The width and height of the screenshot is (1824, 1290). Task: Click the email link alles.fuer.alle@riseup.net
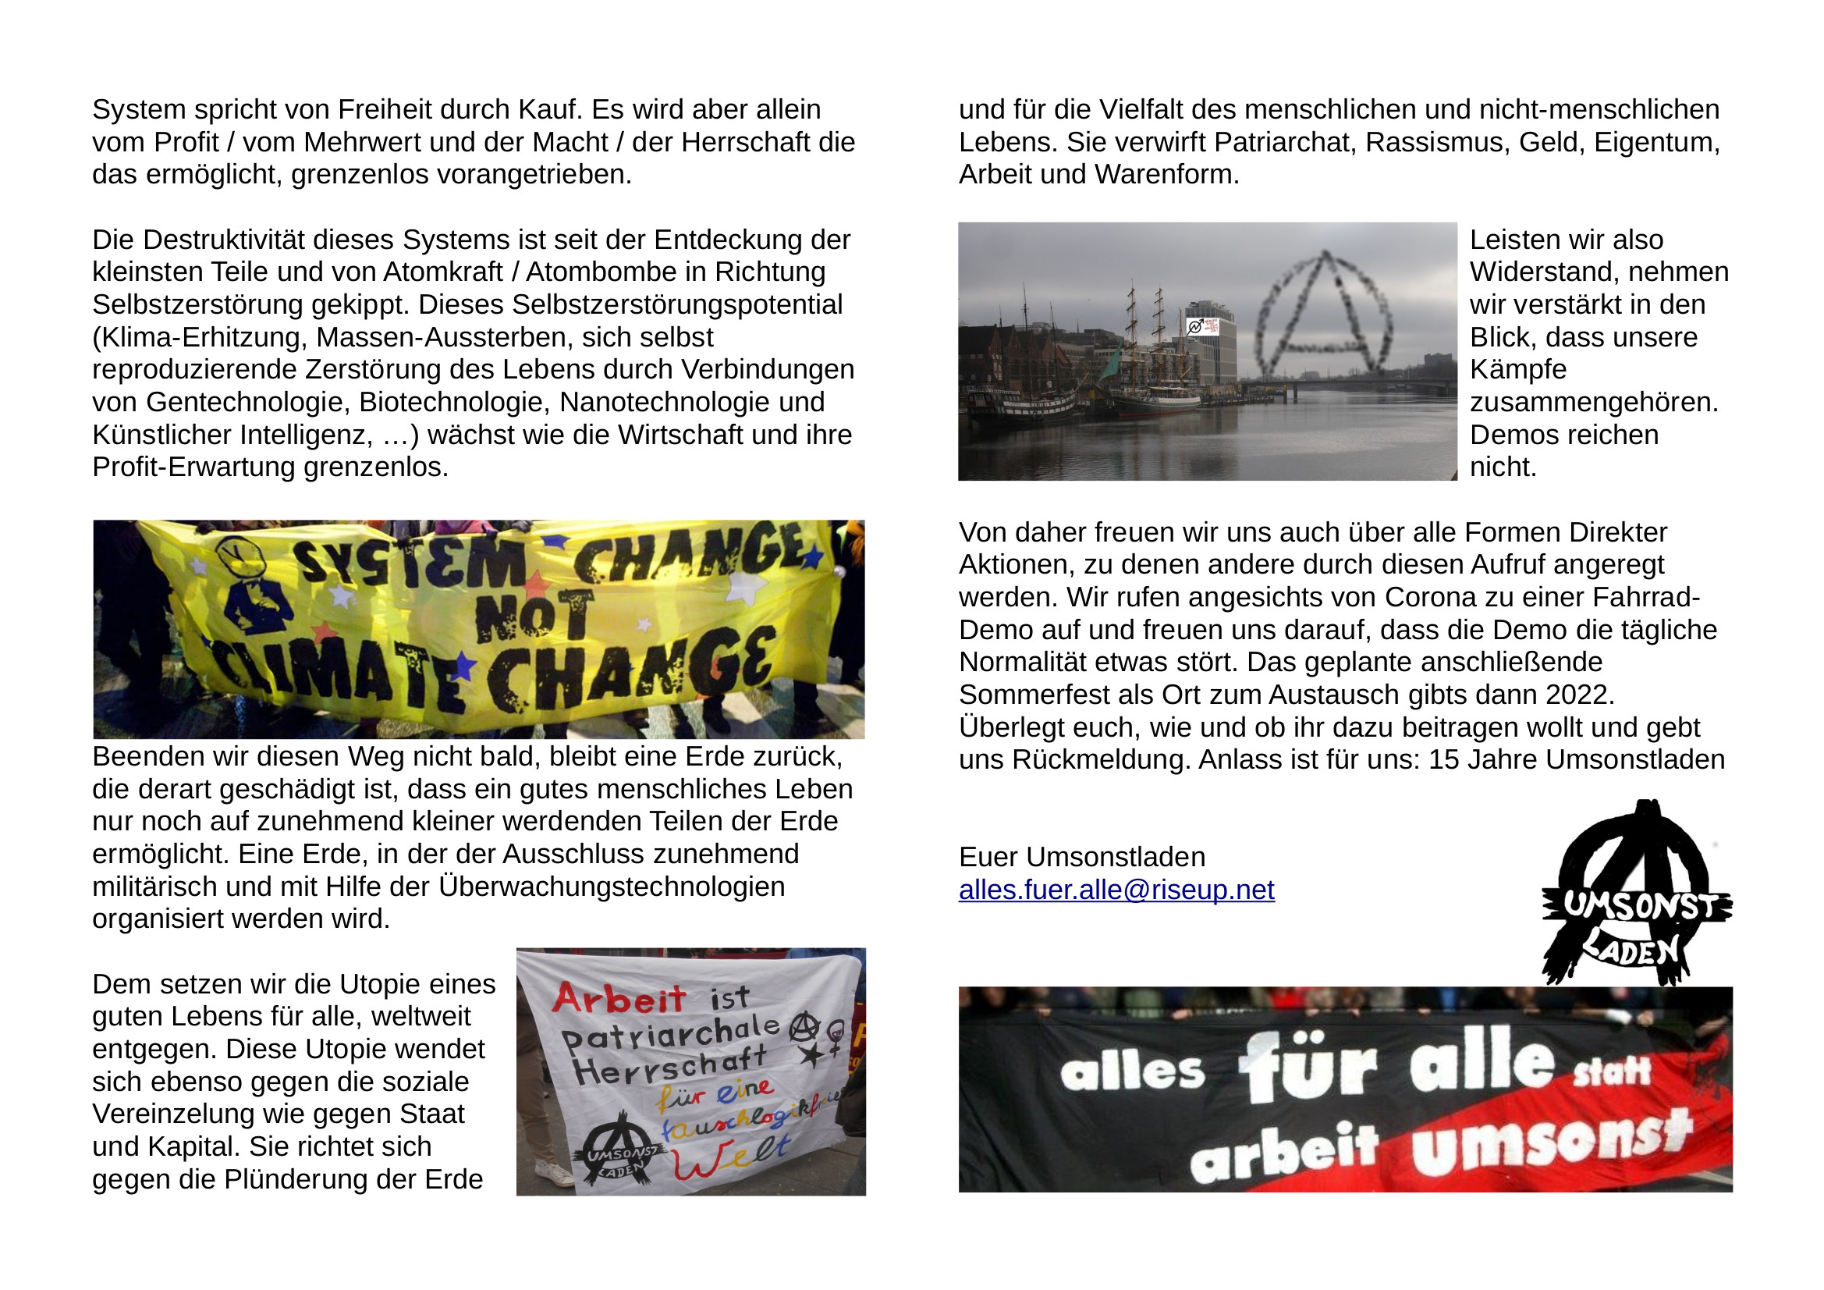click(x=1116, y=890)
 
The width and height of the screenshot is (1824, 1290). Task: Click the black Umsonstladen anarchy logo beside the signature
click(x=1637, y=895)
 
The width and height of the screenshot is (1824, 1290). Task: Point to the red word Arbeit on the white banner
click(x=618, y=998)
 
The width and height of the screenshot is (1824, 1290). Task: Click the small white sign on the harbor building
click(x=1203, y=326)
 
